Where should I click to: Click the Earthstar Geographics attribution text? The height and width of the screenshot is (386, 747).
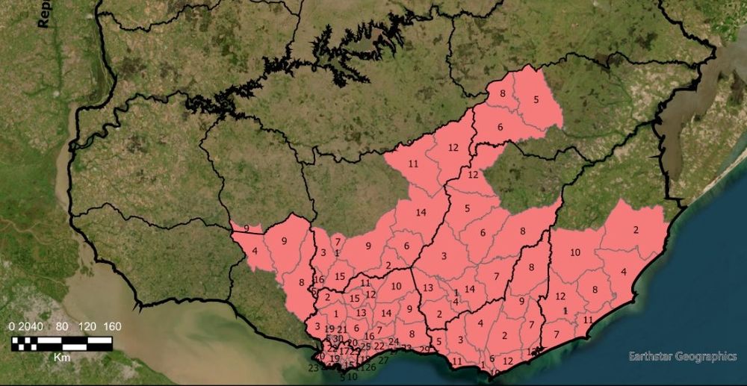[x=683, y=357]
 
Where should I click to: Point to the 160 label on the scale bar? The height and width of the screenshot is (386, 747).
[x=110, y=326]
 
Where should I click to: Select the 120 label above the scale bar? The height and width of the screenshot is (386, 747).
[x=85, y=326]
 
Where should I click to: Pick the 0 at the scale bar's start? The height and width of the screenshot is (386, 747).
[x=13, y=326]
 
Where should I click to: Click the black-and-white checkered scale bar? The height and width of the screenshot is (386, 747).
[x=61, y=343]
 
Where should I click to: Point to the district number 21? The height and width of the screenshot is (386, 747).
[x=342, y=329]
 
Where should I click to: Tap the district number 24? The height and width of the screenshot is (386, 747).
[x=393, y=342]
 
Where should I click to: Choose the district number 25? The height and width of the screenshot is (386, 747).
[x=365, y=346]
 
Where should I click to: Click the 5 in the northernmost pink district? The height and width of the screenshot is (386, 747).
[x=536, y=99]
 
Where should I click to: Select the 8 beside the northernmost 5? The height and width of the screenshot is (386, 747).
[x=503, y=93]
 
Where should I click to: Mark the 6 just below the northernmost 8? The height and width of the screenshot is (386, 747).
[x=500, y=128]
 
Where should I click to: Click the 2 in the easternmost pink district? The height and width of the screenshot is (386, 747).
[x=636, y=230]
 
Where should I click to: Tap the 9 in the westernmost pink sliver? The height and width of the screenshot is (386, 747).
[x=247, y=227]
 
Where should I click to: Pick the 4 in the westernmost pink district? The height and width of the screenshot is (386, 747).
[x=255, y=251]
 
